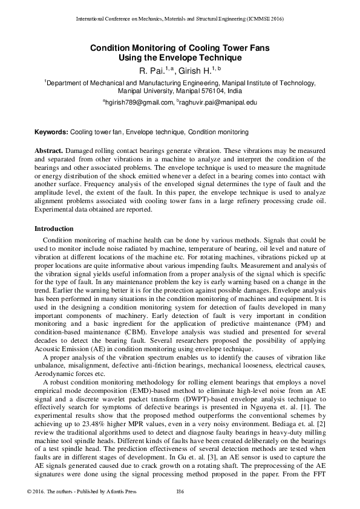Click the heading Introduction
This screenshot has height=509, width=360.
point(54,229)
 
